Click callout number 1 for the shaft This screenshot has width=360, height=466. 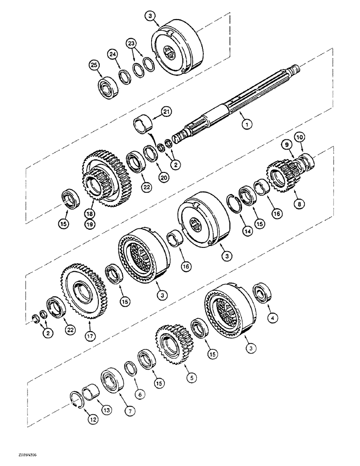click(x=245, y=124)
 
